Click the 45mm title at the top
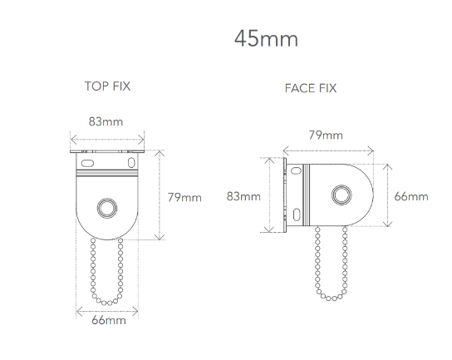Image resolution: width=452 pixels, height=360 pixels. click(266, 38)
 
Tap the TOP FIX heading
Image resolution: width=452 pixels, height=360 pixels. click(107, 86)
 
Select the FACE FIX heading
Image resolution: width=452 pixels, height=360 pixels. click(311, 88)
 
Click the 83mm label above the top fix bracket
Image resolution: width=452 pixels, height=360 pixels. click(106, 121)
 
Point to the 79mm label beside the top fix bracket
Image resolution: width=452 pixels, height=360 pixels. click(184, 197)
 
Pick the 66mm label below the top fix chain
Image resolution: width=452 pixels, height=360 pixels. click(109, 320)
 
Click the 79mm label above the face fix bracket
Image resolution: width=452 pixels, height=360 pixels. click(326, 135)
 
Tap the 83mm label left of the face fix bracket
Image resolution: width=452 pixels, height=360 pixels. click(243, 196)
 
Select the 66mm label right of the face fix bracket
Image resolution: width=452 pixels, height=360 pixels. click(411, 196)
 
